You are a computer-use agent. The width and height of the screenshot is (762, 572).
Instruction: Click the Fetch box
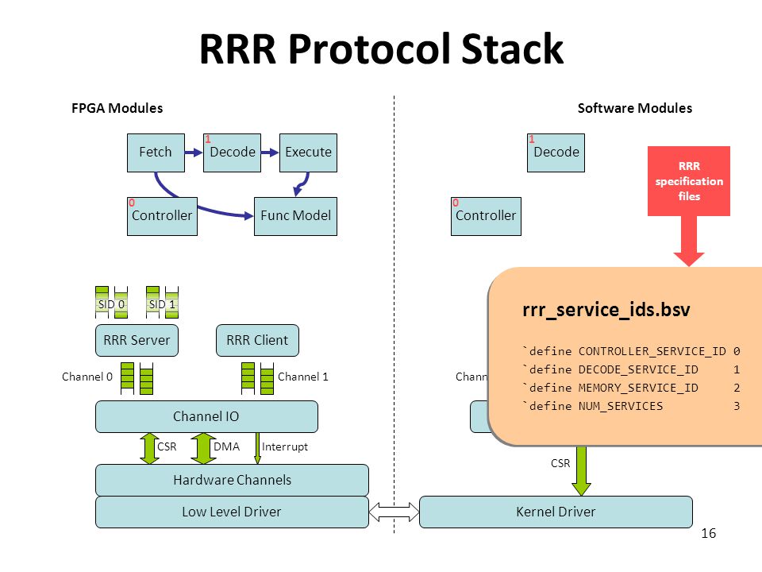coord(156,153)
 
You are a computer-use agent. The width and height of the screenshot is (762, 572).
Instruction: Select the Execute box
coord(308,153)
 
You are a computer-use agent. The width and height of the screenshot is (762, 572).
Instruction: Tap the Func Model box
coord(295,216)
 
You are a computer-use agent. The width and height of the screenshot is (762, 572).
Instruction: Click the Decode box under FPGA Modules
coord(233,153)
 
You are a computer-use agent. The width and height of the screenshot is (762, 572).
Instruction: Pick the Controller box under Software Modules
coord(486,216)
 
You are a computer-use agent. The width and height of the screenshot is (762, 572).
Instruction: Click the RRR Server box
coord(137,341)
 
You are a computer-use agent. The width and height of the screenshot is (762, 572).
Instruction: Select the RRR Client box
coord(257,341)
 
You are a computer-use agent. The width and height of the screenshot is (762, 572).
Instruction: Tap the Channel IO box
coord(206,417)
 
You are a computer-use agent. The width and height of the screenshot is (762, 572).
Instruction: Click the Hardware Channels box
coord(233,480)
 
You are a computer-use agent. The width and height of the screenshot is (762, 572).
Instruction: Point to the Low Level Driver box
coord(233,512)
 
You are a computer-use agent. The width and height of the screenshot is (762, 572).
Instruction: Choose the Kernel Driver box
coord(556,512)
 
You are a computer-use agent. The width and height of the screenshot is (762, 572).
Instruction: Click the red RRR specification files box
coord(689,181)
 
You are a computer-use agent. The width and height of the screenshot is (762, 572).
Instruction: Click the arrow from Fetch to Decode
coord(194,153)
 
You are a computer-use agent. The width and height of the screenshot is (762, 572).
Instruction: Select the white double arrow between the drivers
coord(394,512)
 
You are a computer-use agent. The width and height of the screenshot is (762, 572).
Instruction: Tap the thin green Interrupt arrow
coord(257,448)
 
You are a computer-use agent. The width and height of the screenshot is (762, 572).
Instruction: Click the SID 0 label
coord(111,304)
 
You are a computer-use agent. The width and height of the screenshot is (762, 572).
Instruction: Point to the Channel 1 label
coord(302,377)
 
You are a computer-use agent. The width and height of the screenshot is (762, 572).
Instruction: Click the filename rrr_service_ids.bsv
coord(606,310)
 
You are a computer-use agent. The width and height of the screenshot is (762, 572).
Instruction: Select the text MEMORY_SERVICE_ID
coord(638,388)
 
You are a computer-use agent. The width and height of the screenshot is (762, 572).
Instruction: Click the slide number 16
coord(709,534)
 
